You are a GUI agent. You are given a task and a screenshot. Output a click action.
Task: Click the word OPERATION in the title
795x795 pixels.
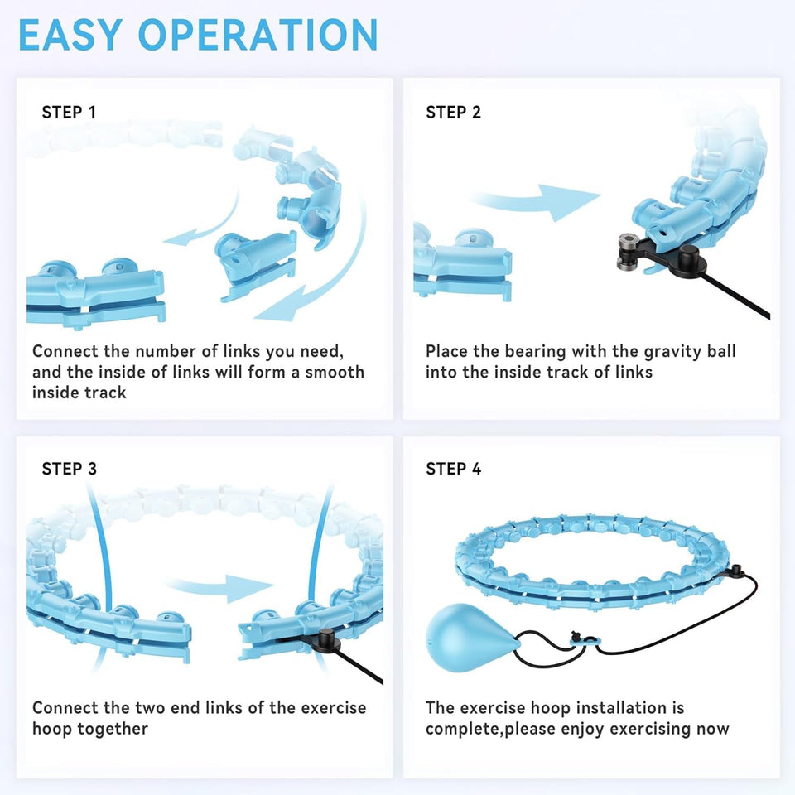coord(258,35)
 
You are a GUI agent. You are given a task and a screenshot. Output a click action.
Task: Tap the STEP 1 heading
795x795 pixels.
coord(69,112)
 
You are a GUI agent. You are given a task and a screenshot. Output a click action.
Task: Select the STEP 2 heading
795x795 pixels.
coord(453,112)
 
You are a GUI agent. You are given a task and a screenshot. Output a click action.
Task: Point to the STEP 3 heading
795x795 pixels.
coord(69,469)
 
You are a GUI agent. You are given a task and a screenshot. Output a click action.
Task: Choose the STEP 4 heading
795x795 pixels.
coord(453,469)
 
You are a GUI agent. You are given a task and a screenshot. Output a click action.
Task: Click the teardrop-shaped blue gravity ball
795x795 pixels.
coord(469,637)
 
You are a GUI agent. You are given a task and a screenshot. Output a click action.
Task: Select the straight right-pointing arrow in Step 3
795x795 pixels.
coord(220,586)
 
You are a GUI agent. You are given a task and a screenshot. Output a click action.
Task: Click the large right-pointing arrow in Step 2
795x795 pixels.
coord(537,201)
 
